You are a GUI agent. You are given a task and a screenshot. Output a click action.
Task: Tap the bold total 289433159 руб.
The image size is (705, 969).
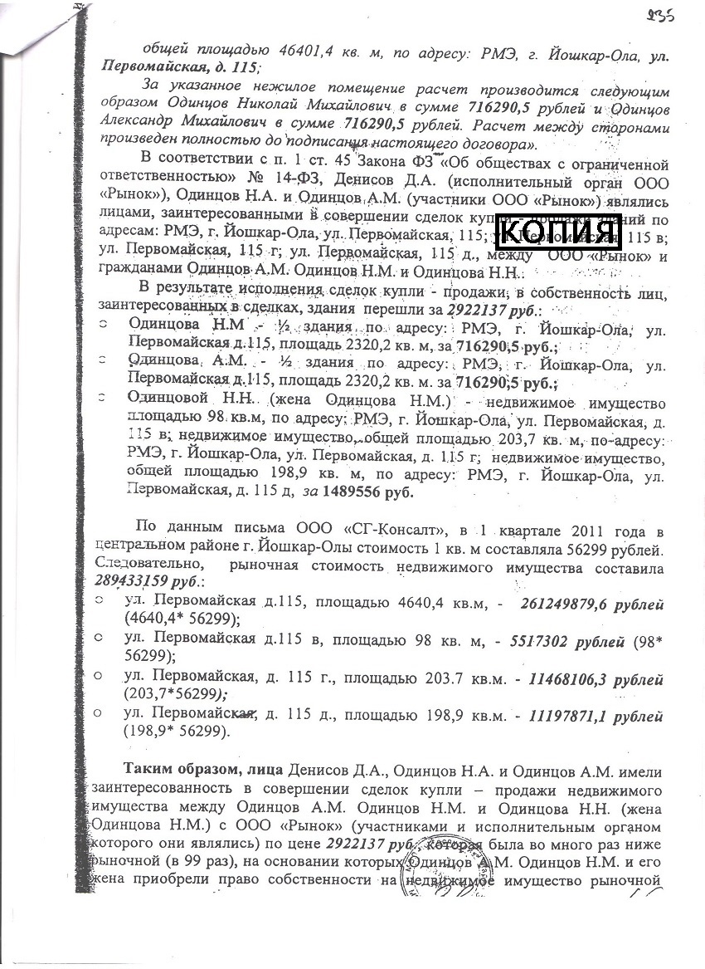point(142,583)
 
